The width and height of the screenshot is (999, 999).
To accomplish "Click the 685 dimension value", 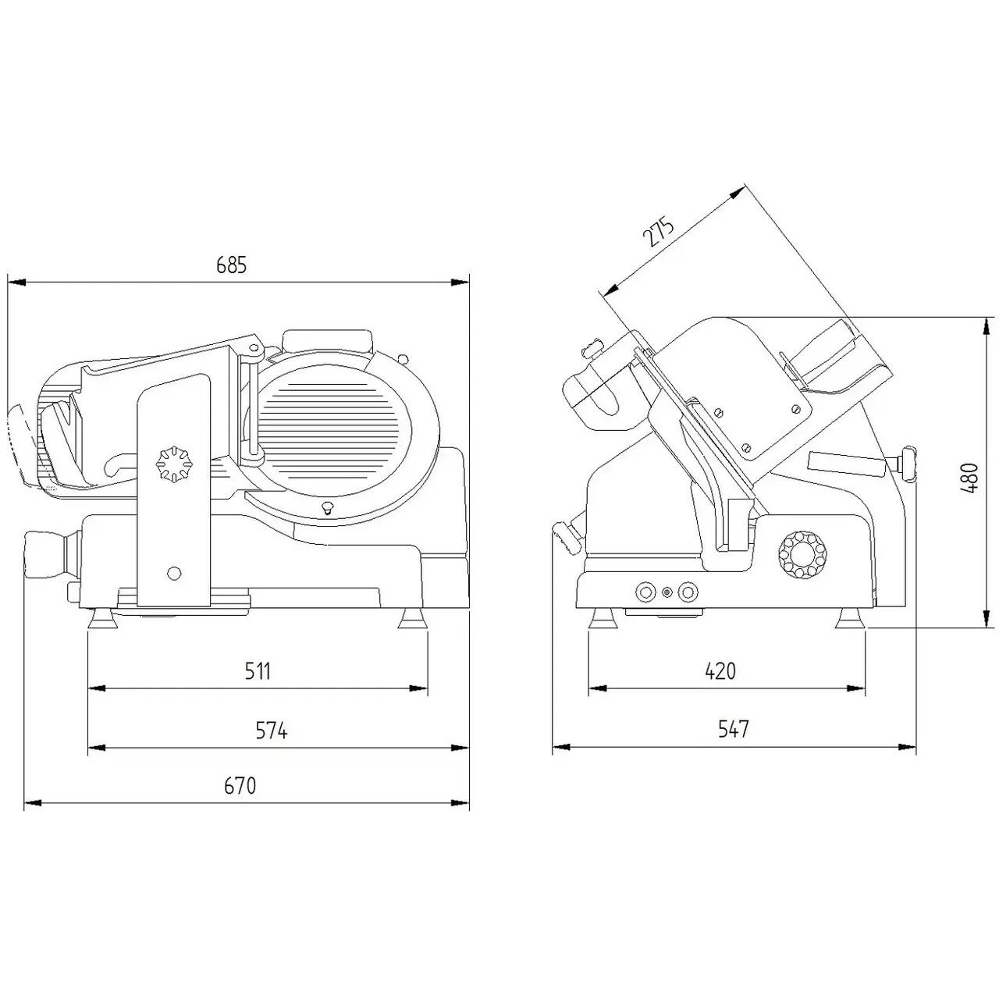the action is (232, 265).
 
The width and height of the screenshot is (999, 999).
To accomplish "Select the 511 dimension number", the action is (258, 671).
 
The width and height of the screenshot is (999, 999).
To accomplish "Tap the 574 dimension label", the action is (272, 731).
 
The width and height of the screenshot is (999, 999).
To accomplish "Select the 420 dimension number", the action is (720, 671).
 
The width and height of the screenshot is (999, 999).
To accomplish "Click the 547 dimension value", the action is (734, 729).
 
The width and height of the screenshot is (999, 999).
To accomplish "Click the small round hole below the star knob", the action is (175, 572).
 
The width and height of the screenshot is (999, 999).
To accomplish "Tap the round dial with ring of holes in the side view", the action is (802, 555).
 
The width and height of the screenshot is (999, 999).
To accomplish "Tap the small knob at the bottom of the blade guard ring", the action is (327, 507).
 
